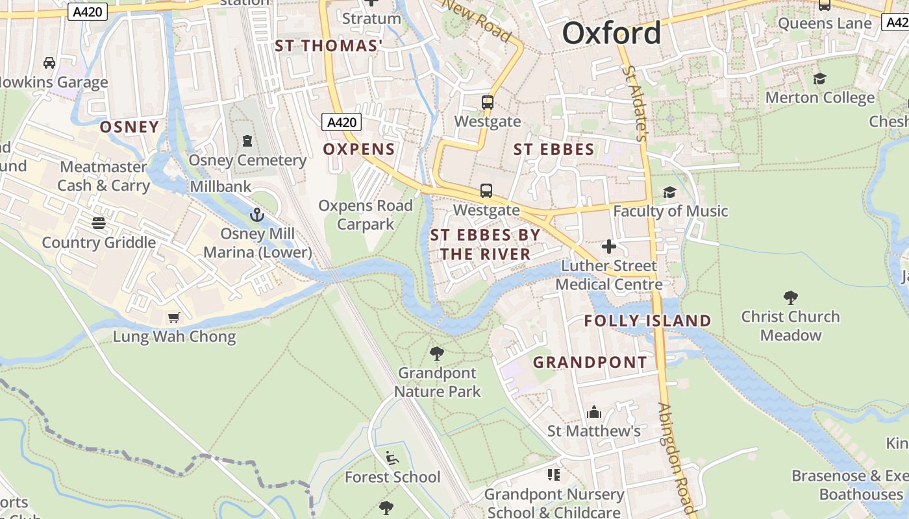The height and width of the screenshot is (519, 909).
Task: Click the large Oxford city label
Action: pyautogui.click(x=612, y=33)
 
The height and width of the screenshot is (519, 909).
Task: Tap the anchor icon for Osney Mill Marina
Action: pyautogui.click(x=258, y=214)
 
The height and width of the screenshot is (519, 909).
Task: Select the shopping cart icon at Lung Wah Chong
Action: pyautogui.click(x=173, y=317)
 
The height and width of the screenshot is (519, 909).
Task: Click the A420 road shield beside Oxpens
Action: pyautogui.click(x=342, y=122)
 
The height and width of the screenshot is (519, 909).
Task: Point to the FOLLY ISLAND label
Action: pyautogui.click(x=647, y=320)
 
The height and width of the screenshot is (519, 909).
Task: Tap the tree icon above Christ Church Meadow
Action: pyautogui.click(x=790, y=298)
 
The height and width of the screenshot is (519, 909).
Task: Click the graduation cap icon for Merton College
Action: pyautogui.click(x=819, y=78)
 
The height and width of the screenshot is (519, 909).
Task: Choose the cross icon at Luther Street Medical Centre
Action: pyautogui.click(x=608, y=247)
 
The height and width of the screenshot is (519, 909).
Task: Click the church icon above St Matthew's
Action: pyautogui.click(x=593, y=412)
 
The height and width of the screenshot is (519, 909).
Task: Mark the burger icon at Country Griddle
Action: pyautogui.click(x=99, y=223)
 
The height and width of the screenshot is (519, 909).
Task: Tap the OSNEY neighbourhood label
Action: pyautogui.click(x=129, y=127)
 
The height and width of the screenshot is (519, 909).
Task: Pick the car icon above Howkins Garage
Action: pyautogui.click(x=49, y=63)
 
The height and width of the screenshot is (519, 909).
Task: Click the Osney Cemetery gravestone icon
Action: pyautogui.click(x=247, y=141)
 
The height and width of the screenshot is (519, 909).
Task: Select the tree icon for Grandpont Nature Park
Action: pyautogui.click(x=437, y=354)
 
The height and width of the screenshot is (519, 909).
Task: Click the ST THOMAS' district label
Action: pyautogui.click(x=329, y=46)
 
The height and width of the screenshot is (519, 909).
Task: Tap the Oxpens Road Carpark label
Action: pyautogui.click(x=366, y=215)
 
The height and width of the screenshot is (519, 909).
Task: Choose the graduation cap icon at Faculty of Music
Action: pyautogui.click(x=669, y=192)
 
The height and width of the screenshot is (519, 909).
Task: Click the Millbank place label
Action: pyautogui.click(x=221, y=187)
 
